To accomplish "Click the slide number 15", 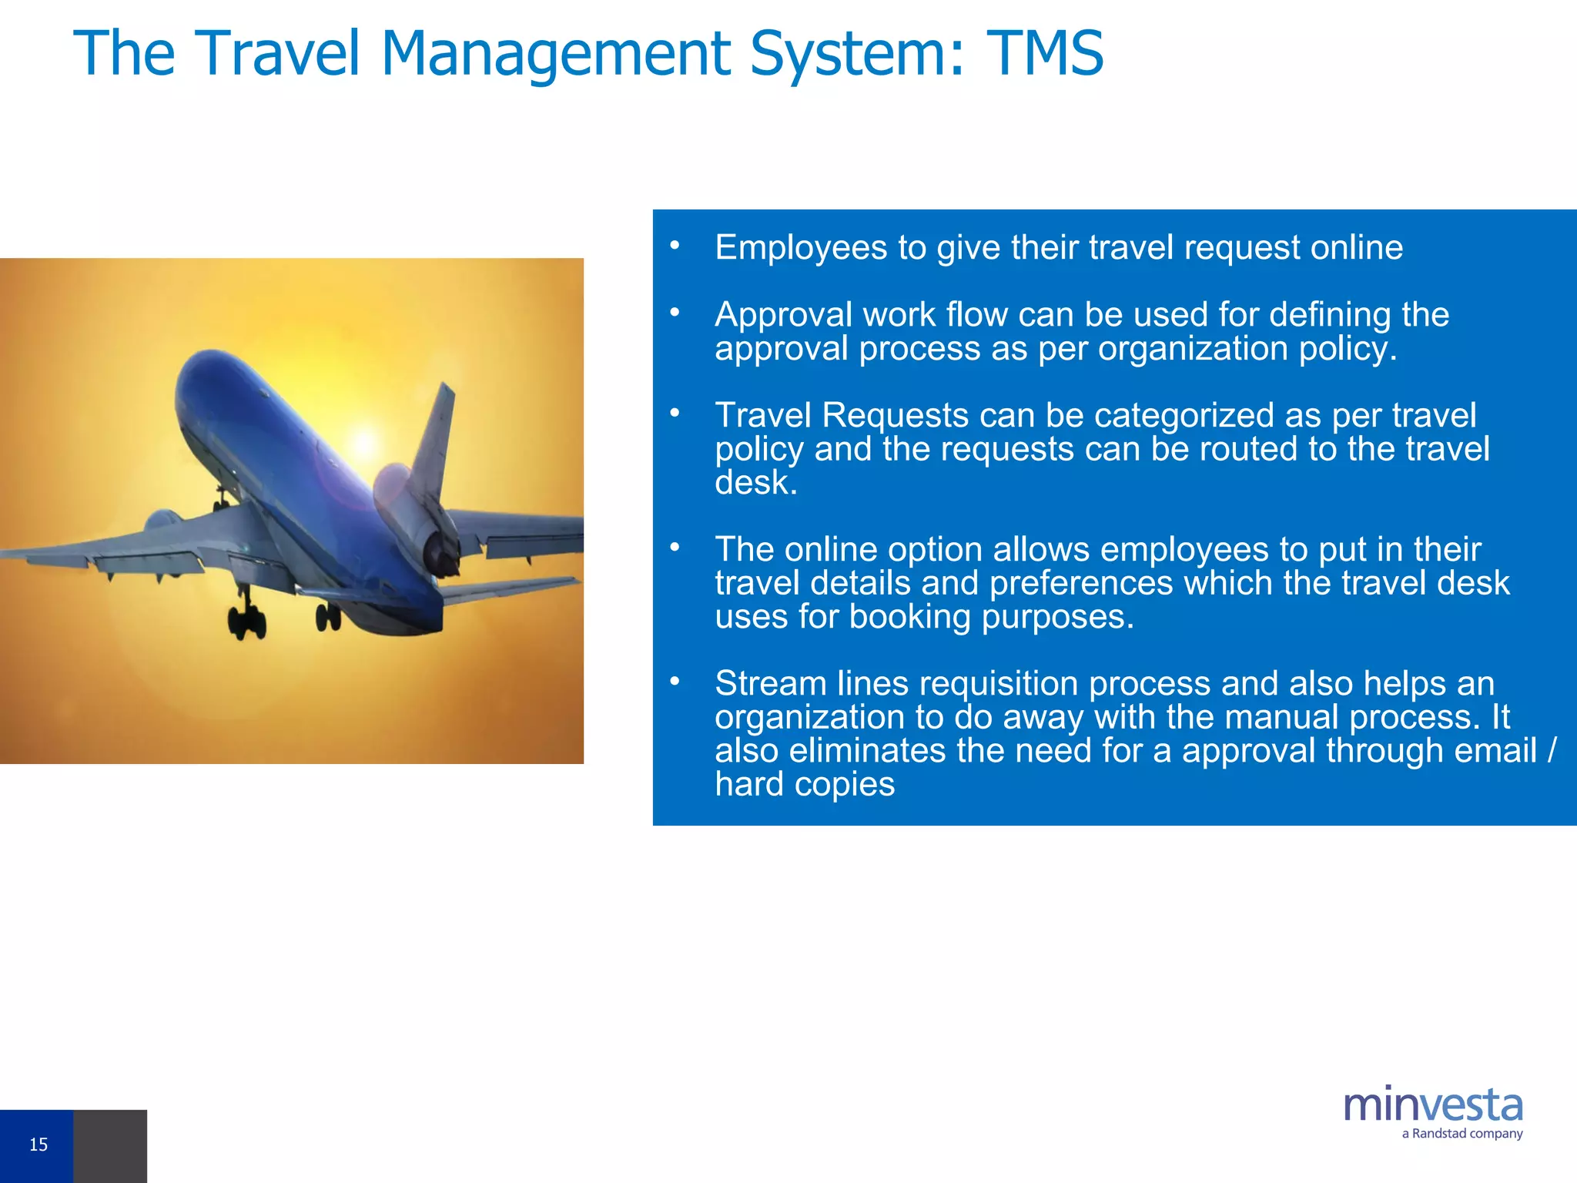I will click(38, 1144).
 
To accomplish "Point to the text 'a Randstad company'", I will click(1461, 1134).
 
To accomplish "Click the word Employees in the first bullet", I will click(801, 248).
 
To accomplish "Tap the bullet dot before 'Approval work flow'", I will click(675, 313).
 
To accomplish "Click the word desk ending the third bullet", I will click(755, 484).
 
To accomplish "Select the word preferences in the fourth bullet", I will click(1082, 583).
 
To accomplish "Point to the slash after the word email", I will click(1552, 750).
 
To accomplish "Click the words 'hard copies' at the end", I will click(805, 784).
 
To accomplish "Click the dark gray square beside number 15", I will click(110, 1146).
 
